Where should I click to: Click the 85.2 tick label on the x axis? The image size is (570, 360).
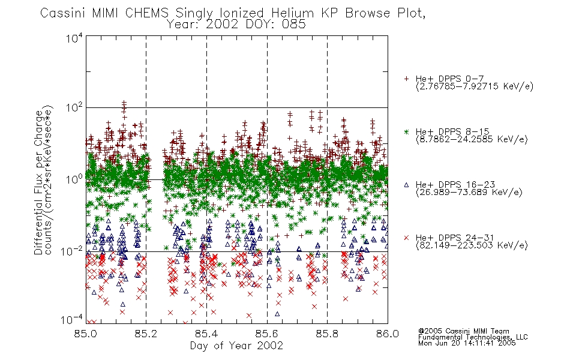coord(146,334)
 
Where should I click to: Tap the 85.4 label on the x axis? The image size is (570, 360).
coord(206,334)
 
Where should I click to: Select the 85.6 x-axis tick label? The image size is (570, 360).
coord(267,334)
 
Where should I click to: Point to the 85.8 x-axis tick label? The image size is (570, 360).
coord(327,334)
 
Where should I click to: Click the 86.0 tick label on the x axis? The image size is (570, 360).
coord(388,334)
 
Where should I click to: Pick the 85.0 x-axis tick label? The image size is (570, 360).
coord(86,334)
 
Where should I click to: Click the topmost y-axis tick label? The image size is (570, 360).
coord(74,38)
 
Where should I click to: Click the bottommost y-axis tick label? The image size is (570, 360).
coord(71,320)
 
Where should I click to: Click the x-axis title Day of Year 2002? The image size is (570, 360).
coord(236,346)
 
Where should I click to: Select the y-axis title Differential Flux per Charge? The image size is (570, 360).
coord(39,182)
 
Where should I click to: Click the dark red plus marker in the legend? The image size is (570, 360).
coord(406,79)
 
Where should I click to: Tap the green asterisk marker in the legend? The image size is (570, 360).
coord(406,132)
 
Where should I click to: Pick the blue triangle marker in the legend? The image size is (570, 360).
coord(406,185)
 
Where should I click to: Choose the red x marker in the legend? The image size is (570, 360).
coord(406,238)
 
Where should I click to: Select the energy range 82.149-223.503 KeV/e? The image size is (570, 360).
coord(472,245)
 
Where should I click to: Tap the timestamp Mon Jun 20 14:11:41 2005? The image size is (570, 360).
coord(467,343)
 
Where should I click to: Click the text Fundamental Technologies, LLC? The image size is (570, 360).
coord(473,337)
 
